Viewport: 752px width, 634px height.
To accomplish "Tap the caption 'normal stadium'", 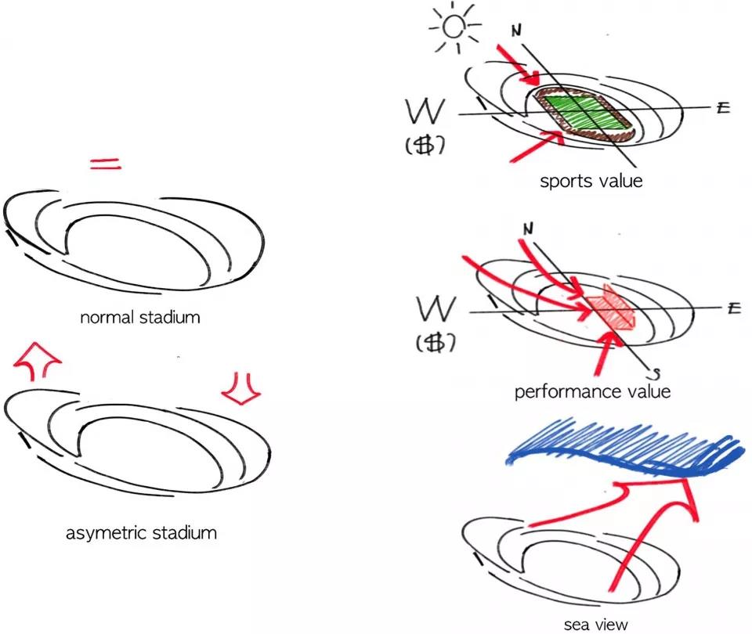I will (139, 318).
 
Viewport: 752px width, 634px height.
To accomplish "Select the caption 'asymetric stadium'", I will (142, 534).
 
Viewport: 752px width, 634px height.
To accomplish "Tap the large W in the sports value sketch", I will (426, 113).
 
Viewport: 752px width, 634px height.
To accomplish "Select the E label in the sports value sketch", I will (721, 108).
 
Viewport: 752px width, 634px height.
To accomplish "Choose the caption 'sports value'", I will (591, 181).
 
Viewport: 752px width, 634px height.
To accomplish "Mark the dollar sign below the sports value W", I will (427, 146).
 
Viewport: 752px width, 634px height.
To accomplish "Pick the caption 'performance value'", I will (592, 391).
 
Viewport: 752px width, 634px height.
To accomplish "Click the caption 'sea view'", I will (596, 624).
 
